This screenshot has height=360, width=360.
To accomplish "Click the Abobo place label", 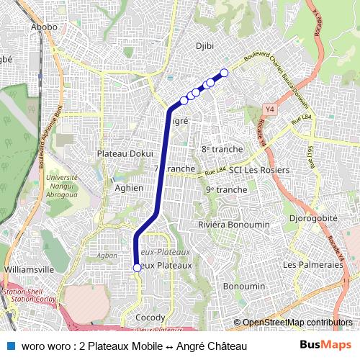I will tap(44, 27).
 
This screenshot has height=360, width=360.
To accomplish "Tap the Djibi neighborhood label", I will tap(206, 46).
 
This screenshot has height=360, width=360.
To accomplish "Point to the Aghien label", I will tap(130, 188).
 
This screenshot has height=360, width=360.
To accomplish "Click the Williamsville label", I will tap(30, 269).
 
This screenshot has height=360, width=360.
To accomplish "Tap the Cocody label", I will tap(150, 318).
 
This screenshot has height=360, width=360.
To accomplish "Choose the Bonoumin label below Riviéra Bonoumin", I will tap(240, 286).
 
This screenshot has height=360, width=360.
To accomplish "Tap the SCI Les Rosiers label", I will tap(258, 170).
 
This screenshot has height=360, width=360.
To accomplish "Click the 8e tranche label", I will tap(222, 148).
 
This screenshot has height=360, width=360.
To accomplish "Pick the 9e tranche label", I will tap(226, 189).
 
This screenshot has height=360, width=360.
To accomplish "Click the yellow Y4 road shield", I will tap(270, 109).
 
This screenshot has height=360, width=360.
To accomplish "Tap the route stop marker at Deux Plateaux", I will tap(137, 268).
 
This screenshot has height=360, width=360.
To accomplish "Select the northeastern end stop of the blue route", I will tap(224, 72).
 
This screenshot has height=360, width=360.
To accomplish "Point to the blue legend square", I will tap(11, 346).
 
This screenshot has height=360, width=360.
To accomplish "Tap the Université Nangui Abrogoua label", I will tap(61, 184).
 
